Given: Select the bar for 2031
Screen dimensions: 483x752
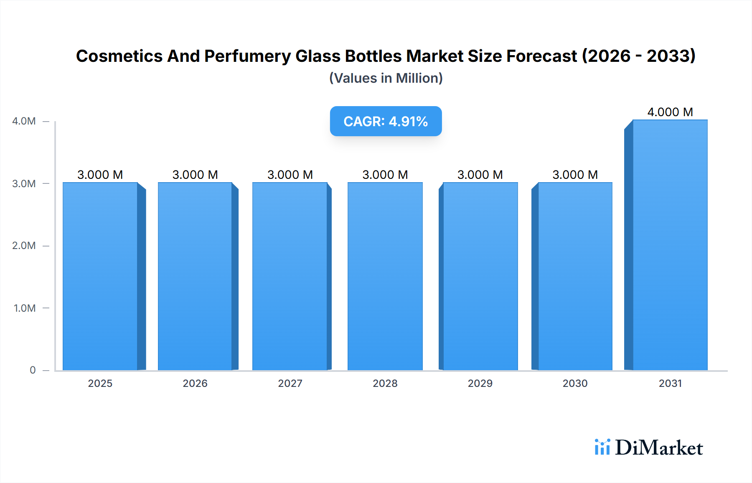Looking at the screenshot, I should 670,245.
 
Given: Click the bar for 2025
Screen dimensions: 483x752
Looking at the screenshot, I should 100,276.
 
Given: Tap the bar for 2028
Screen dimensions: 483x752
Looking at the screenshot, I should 385,276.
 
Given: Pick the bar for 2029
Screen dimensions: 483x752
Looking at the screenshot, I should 480,276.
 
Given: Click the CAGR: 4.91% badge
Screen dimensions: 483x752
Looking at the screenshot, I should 386,121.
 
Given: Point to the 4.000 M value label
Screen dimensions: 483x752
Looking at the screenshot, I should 670,112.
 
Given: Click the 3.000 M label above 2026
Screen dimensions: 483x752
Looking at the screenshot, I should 195,175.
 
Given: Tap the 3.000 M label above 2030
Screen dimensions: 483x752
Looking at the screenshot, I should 575,175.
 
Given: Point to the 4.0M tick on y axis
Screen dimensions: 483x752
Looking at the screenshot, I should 24,121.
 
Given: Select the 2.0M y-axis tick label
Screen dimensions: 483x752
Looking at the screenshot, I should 24,246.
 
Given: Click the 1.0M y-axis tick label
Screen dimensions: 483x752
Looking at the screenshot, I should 24,308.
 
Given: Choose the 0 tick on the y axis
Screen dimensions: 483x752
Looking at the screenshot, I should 33,370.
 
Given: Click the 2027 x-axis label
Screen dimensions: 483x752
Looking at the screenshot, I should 290,383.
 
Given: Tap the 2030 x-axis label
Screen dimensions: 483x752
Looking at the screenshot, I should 575,383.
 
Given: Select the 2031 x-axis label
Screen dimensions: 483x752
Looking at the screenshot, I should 670,383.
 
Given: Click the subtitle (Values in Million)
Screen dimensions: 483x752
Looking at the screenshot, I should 386,78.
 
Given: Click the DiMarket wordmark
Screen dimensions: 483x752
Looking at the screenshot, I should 659,448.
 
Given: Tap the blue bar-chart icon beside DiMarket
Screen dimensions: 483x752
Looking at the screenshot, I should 602,447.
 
